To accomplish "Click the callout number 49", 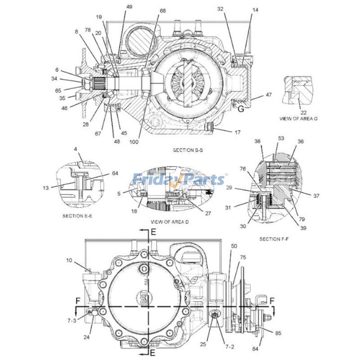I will (x=117, y=7).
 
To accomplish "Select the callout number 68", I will (x=162, y=10).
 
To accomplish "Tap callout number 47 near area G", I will (x=269, y=95).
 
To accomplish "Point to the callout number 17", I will (x=237, y=132).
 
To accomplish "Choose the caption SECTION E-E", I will (x=78, y=216).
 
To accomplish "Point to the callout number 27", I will (x=207, y=213).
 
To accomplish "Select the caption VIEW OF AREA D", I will (x=170, y=222).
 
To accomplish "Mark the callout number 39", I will (x=303, y=228).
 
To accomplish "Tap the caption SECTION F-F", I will (x=274, y=238).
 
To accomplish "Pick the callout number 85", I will (x=279, y=333).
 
